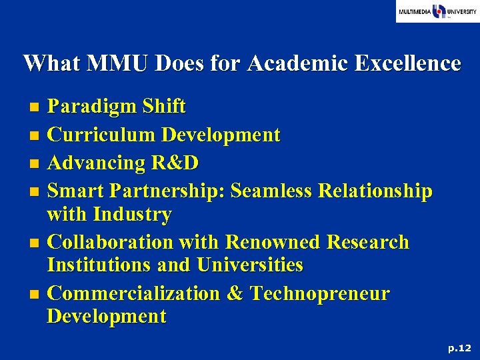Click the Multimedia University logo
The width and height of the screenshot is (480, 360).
[437, 12]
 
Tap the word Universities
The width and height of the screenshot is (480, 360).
[250, 265]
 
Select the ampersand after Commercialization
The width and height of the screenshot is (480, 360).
[235, 294]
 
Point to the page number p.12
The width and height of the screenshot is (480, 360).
[459, 347]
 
